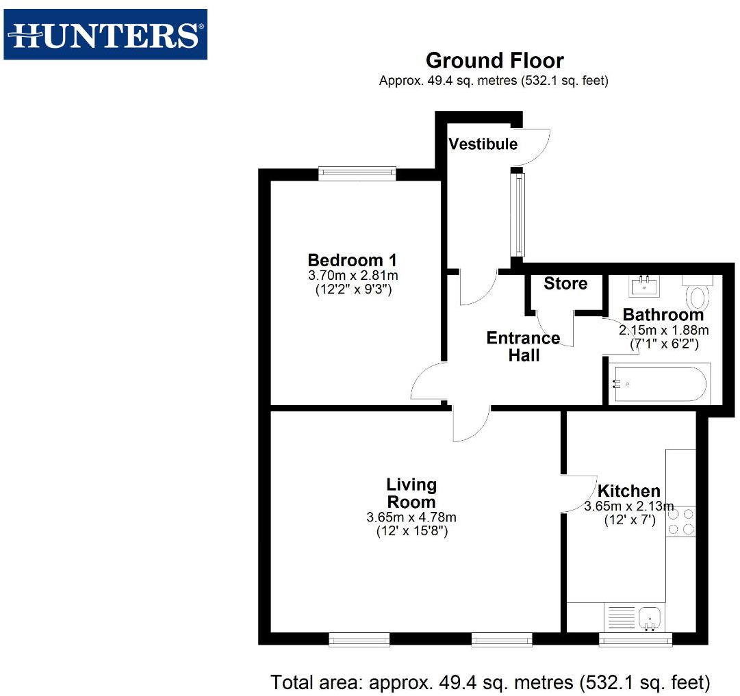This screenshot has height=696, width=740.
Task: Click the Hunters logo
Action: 105,34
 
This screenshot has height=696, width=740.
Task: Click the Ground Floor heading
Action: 494,61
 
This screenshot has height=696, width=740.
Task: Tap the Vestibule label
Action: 483,144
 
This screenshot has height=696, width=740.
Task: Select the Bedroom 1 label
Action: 352,260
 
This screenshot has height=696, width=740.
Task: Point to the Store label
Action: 565,283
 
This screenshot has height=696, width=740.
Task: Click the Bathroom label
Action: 663,315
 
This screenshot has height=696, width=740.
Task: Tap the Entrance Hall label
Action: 523,346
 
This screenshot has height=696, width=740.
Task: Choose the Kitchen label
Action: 628,491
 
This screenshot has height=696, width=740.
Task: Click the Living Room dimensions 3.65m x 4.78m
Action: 411,517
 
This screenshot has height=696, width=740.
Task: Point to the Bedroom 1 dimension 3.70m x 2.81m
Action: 353,276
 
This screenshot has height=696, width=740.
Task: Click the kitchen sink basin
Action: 649,618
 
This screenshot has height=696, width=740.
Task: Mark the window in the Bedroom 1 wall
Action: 357,174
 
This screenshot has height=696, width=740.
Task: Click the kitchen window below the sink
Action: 635,640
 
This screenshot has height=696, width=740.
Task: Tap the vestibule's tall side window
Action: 520,214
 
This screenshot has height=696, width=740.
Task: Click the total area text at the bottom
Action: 490,682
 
